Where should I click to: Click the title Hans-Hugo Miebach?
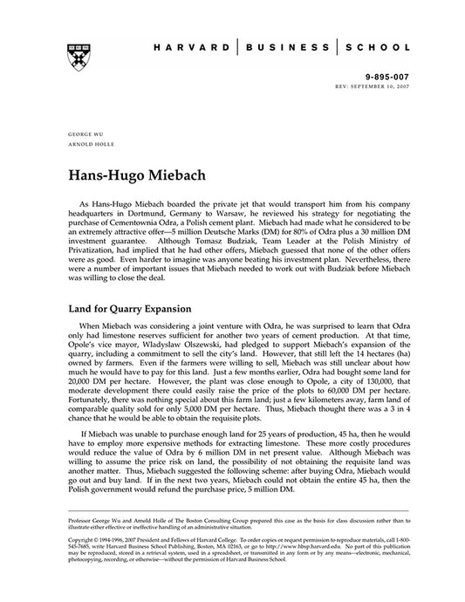[135, 174]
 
